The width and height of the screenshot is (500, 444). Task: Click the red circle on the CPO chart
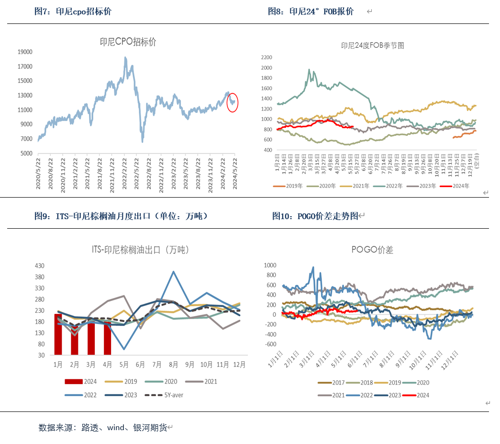pos(233,102)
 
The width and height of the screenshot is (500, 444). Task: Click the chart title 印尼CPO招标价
pos(128,42)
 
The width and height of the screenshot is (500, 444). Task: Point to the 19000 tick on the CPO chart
pos(25,52)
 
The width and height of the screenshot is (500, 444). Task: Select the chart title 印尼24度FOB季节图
pos(373,46)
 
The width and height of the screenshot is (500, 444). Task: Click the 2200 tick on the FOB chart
pos(266,57)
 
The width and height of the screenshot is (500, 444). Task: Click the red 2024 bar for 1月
pos(58,334)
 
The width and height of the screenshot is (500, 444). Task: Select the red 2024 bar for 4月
pos(107,338)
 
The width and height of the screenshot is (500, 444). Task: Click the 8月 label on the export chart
pos(173,365)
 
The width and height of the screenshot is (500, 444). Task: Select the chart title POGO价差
pos(372,250)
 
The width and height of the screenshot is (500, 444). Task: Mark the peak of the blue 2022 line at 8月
pos(173,272)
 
